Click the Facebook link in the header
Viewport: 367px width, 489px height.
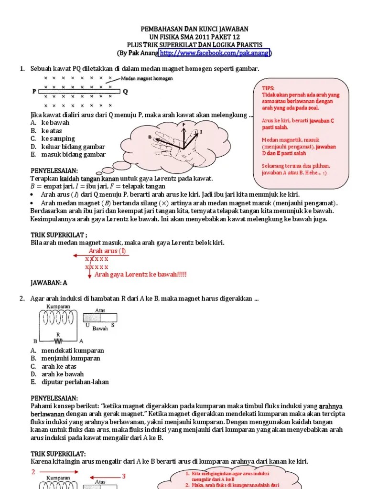coord(215,53)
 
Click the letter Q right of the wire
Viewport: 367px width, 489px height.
coord(126,92)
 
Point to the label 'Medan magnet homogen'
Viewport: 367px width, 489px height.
coord(147,78)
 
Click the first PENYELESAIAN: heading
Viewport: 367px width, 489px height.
coord(54,170)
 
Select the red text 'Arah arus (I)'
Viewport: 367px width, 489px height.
coord(107,251)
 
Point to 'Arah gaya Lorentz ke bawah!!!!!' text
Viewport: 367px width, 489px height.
coord(140,274)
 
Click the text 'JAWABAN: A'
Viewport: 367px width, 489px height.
coord(49,283)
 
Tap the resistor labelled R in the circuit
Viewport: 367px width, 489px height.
coord(58,341)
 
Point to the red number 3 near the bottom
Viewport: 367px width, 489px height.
coord(123,476)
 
